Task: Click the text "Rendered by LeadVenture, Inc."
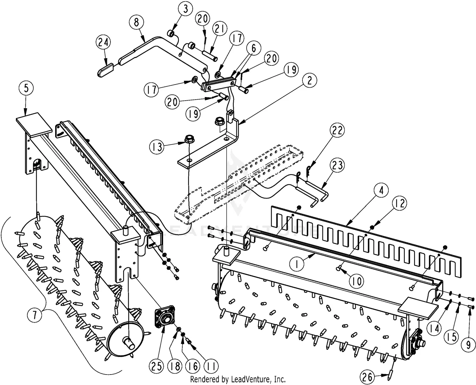pyautogui.click(x=238, y=379)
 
